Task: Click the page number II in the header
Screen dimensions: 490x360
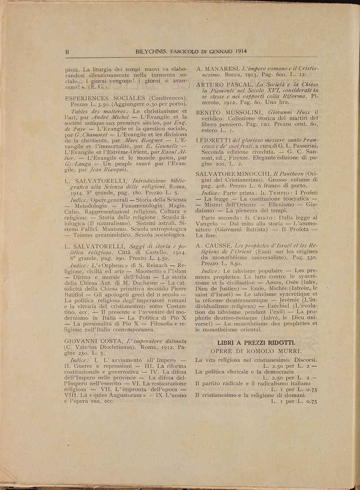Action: (67, 51)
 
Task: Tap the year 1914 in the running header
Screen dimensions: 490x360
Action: (237, 51)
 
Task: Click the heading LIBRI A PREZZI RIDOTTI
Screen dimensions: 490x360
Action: (256, 343)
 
